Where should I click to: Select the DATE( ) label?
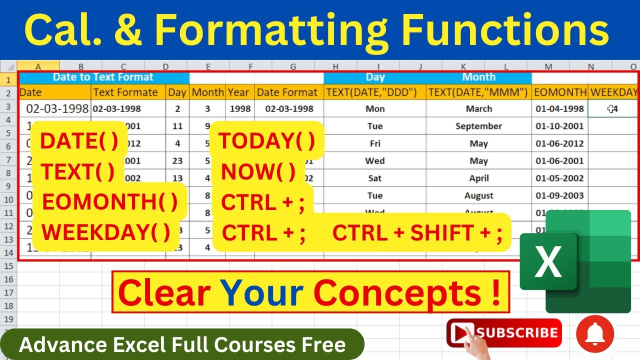pos(79,141)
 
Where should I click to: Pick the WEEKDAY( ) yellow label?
pos(105,232)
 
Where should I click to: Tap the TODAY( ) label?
pos(267,141)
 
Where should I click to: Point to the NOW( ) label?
pos(258,172)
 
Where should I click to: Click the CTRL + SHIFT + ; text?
pos(417,233)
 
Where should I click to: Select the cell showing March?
pos(478,108)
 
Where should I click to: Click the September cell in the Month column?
pos(478,126)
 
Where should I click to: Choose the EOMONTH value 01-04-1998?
pos(559,108)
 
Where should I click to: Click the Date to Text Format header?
pos(103,77)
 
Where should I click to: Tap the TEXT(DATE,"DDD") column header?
pos(374,92)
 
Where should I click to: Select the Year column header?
pos(238,92)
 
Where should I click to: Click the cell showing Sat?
pos(374,178)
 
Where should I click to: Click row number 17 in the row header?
pos(8,292)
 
